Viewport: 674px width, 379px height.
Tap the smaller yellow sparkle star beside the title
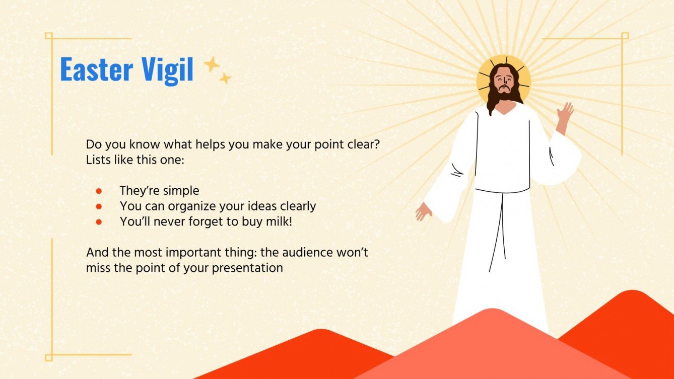click(225, 78)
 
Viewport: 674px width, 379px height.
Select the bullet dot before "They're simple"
click(99, 191)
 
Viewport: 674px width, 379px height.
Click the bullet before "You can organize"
click(99, 206)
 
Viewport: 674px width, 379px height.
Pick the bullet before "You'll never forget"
click(99, 221)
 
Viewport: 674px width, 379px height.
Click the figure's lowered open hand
click(423, 211)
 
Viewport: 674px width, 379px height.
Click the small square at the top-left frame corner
click(49, 36)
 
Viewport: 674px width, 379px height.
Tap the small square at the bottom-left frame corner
click(49, 357)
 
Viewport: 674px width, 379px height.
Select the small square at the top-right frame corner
click(625, 36)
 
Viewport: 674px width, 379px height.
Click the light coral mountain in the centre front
click(494, 347)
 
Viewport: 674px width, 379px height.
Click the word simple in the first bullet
click(181, 191)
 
